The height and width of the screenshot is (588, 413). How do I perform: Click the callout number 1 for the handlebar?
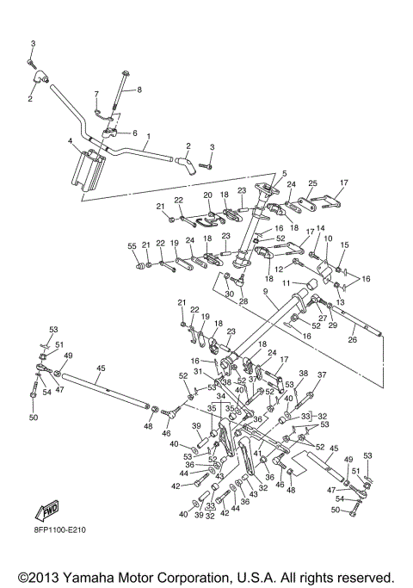[x=148, y=136]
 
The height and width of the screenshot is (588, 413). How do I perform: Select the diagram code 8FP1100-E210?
[x=59, y=529]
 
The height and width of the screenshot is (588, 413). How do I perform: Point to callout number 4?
[x=70, y=141]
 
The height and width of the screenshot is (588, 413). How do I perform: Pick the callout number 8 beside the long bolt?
[x=139, y=90]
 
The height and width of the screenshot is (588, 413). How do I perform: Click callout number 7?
[x=96, y=94]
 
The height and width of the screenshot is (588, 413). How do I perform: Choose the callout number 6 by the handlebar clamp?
[x=135, y=133]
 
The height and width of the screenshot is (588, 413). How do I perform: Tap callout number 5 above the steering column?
[x=285, y=173]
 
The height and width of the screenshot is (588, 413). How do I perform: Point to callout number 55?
[x=132, y=246]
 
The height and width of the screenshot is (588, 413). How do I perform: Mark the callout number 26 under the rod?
[x=353, y=340]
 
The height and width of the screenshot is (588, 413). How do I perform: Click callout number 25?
[x=312, y=183]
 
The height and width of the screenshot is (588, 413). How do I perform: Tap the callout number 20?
[x=207, y=195]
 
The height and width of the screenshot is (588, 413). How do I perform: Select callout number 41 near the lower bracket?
[x=257, y=453]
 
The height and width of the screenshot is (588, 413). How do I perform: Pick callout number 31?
[x=198, y=371]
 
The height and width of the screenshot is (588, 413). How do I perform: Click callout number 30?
[x=230, y=294]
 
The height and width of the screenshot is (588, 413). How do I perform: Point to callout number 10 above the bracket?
[x=328, y=238]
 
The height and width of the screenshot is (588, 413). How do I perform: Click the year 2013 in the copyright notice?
[x=45, y=577]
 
